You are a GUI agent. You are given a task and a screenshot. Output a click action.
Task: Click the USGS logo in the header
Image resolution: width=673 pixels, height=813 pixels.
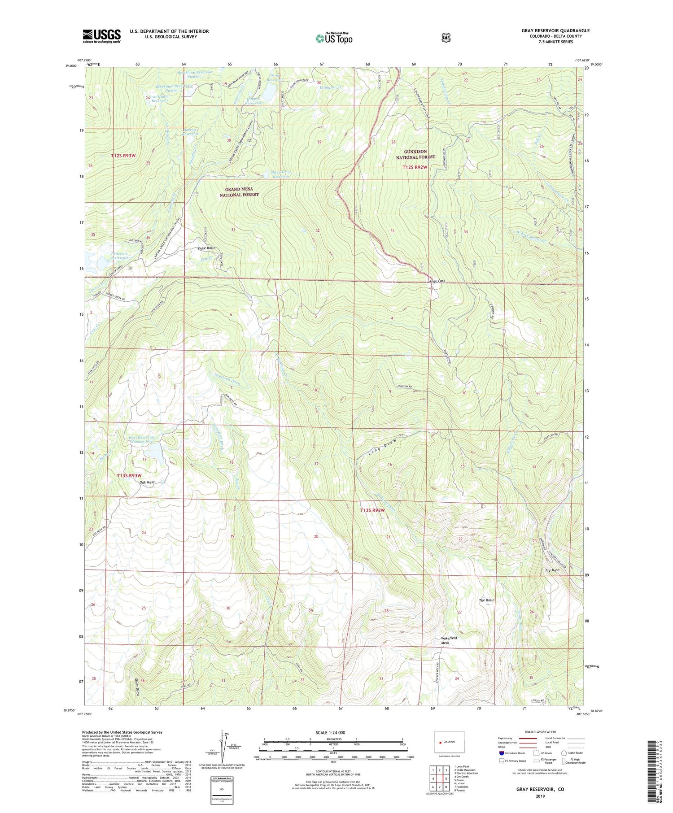(x=102, y=36)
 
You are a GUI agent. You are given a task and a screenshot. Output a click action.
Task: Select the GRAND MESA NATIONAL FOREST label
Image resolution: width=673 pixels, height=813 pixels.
(x=239, y=192)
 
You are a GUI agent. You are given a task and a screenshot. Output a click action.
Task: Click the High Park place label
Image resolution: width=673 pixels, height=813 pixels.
(x=437, y=281)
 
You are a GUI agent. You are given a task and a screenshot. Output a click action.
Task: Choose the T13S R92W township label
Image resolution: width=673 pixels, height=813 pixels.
(x=373, y=510)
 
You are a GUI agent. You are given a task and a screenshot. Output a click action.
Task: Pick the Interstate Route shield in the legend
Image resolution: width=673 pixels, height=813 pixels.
(x=501, y=753)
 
